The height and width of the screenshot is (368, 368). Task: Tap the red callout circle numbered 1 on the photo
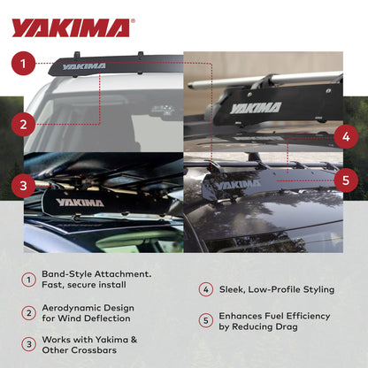[26, 64]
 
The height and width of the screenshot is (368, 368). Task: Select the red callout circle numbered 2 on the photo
[26, 124]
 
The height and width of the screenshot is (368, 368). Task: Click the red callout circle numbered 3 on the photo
[26, 185]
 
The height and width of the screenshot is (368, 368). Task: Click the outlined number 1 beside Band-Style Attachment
[28, 280]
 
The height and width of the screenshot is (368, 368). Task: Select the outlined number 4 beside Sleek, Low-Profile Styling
[204, 289]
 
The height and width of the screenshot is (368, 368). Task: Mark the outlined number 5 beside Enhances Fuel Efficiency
[204, 321]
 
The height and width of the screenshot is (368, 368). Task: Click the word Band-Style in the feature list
[66, 274]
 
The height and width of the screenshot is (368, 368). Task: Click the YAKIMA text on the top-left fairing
[84, 65]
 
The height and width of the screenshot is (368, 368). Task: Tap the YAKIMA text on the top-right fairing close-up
[256, 108]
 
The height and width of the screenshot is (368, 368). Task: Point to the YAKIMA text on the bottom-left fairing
[80, 202]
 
